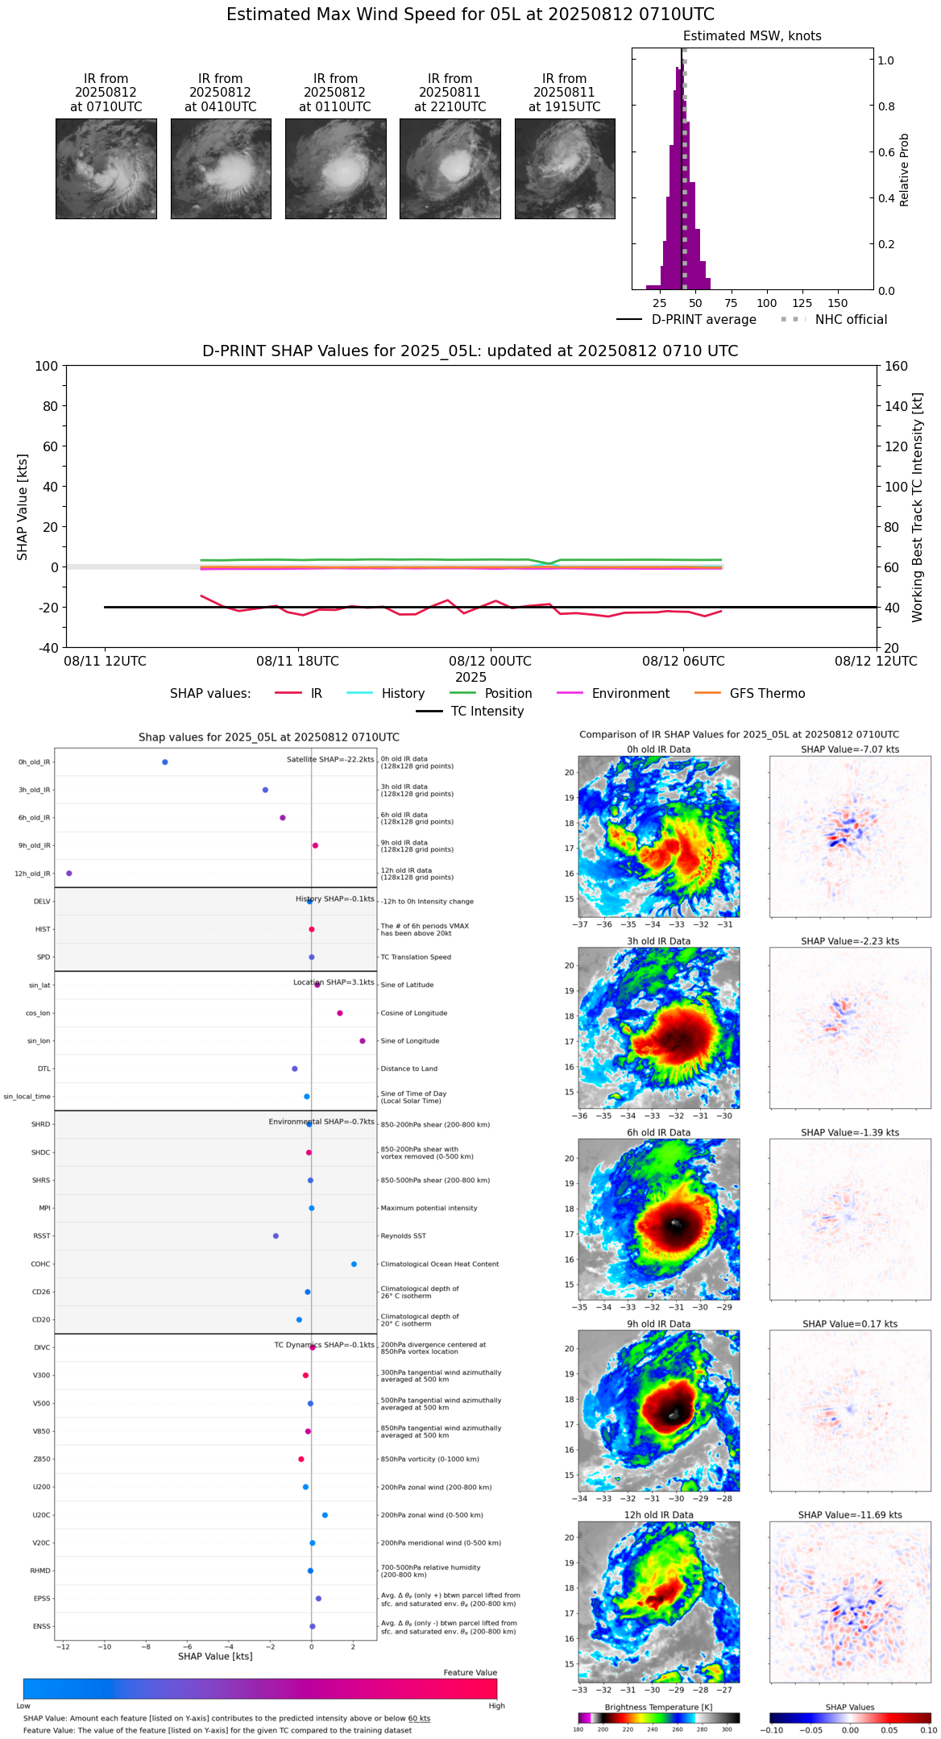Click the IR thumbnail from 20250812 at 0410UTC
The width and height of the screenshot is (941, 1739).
(x=221, y=168)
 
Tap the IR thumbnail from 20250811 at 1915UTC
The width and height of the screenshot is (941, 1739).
(x=565, y=168)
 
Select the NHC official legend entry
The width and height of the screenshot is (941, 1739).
(x=850, y=320)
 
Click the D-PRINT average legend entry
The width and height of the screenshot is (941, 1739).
(x=703, y=320)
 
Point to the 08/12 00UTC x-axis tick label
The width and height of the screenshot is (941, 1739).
(x=490, y=662)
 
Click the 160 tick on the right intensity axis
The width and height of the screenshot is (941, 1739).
(x=897, y=366)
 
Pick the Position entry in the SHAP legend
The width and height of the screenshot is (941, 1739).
(x=508, y=694)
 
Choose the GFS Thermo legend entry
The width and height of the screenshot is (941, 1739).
(x=767, y=694)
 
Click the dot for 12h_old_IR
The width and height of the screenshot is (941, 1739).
(x=69, y=874)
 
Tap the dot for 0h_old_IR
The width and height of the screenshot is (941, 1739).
(x=165, y=762)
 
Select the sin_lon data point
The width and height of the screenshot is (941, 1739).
(x=363, y=1041)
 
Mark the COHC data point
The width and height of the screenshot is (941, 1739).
(x=354, y=1264)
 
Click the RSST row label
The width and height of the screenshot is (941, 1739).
(x=41, y=1236)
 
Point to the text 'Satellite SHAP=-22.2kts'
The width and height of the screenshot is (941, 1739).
(x=330, y=760)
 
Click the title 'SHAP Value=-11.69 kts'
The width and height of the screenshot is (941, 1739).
(x=850, y=1515)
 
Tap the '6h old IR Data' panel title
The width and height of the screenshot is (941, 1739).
(x=658, y=1133)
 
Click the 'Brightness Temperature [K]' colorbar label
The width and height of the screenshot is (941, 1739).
(x=658, y=1708)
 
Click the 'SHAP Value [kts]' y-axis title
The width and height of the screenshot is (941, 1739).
(x=23, y=507)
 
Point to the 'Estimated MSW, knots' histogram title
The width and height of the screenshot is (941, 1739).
(x=752, y=36)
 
